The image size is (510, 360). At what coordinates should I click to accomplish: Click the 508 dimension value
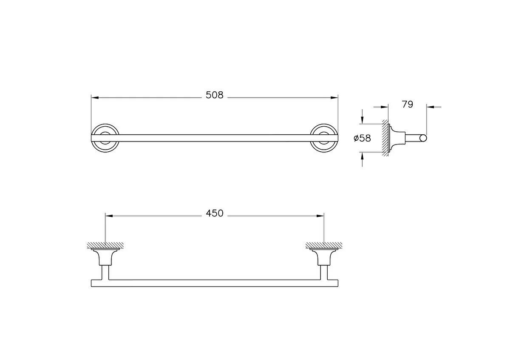(214, 95)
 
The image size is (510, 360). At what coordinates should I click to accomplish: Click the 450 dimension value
(214, 213)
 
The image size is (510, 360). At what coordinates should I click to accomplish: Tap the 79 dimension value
(407, 105)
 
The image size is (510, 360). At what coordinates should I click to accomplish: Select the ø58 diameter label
(362, 138)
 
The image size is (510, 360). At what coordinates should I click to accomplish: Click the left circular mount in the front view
(105, 138)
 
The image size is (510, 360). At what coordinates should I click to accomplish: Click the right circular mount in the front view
(324, 138)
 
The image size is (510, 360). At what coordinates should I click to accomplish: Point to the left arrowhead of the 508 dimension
(95, 98)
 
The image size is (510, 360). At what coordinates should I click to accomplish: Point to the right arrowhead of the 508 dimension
(334, 98)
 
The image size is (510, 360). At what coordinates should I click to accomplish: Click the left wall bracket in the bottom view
(105, 258)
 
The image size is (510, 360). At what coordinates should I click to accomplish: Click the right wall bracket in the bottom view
(324, 258)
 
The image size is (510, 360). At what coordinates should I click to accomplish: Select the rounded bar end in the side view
(423, 138)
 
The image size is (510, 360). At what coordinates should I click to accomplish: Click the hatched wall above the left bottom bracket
(105, 245)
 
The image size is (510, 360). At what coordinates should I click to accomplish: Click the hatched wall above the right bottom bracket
(324, 245)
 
